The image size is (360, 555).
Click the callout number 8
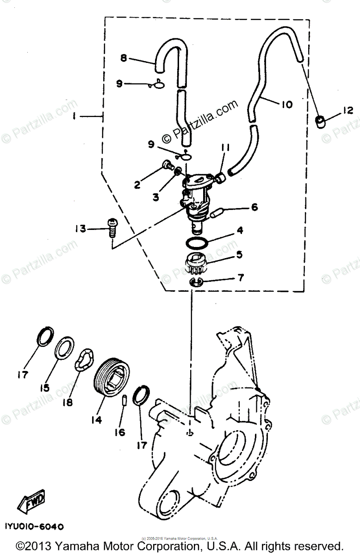(x=124, y=58)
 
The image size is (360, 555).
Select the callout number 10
(x=286, y=105)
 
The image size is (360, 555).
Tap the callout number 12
(x=348, y=111)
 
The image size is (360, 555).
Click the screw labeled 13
(x=111, y=227)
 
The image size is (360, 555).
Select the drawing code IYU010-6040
(x=35, y=526)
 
